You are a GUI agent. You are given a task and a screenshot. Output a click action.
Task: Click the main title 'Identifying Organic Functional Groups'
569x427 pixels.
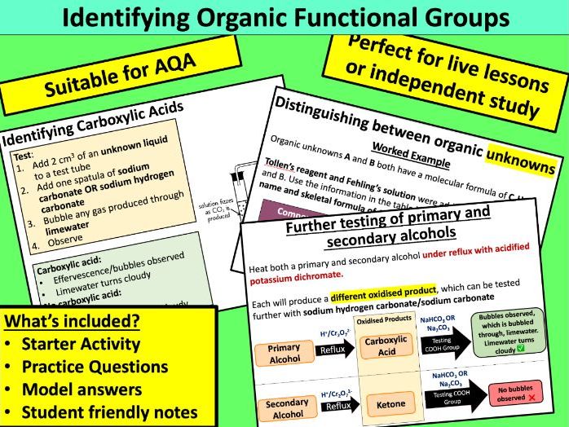click(x=284, y=17)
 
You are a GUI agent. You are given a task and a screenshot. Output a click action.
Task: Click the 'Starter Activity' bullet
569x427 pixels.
click(x=77, y=344)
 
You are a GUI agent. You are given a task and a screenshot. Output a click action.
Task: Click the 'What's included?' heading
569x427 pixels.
click(x=73, y=321)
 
